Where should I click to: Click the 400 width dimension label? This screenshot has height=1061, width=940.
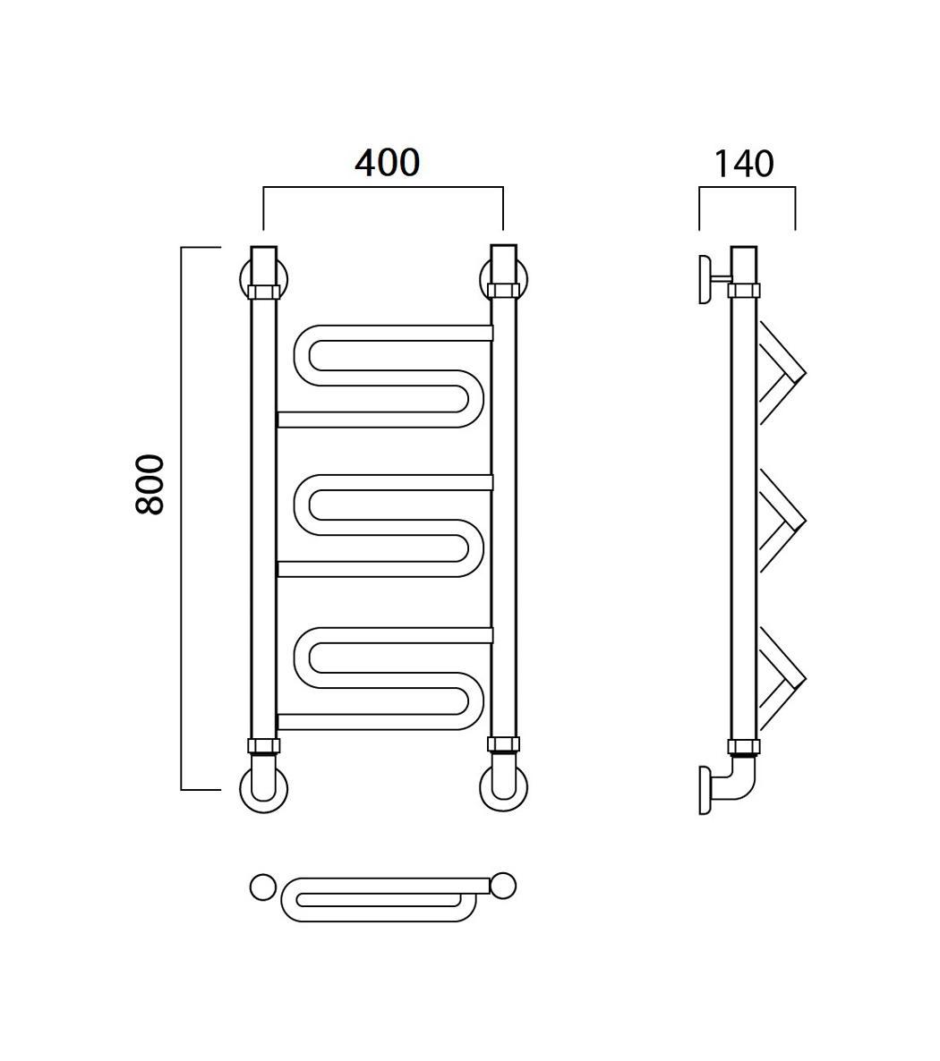pyautogui.click(x=388, y=163)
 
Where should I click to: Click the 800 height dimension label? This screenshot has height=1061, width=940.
pyautogui.click(x=150, y=485)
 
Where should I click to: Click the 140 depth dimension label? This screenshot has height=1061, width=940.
pyautogui.click(x=744, y=165)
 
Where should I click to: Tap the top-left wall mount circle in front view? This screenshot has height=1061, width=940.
pyautogui.click(x=244, y=279)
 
